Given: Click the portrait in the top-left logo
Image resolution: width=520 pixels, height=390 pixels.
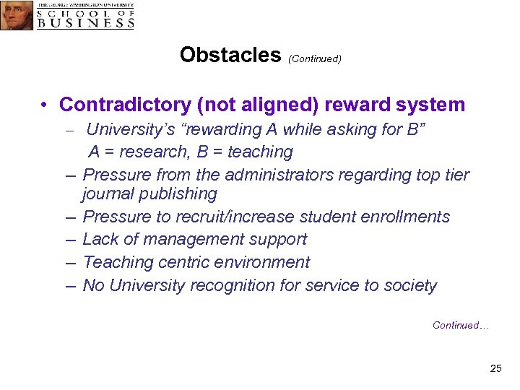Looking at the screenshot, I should (17, 15).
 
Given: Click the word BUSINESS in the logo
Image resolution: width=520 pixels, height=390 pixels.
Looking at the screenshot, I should (86, 22).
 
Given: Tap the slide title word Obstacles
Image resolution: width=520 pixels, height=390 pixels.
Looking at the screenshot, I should (230, 55).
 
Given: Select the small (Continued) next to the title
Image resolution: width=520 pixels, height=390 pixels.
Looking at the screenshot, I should (314, 58).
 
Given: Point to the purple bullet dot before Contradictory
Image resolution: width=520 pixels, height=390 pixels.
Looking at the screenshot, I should (45, 105).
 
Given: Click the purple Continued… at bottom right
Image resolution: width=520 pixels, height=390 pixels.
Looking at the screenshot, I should (461, 326).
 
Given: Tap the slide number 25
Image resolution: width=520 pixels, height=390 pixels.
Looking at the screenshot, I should (495, 368).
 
